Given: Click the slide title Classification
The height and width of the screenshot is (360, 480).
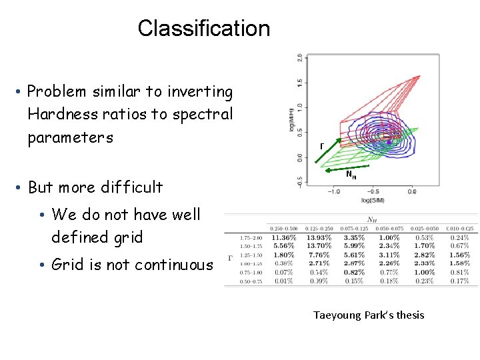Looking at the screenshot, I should tap(203, 28).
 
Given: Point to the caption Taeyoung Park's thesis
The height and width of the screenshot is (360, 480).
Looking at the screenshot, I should tap(369, 315).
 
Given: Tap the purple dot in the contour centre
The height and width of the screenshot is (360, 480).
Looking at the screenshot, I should tap(389, 142).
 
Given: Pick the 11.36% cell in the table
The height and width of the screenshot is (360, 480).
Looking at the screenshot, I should tap(283, 237).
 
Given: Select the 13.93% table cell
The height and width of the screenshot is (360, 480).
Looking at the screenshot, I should tap(319, 237).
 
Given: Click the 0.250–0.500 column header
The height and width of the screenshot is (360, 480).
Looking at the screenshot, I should tap(283, 229).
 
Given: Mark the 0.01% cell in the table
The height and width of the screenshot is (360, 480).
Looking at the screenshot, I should tap(283, 281).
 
